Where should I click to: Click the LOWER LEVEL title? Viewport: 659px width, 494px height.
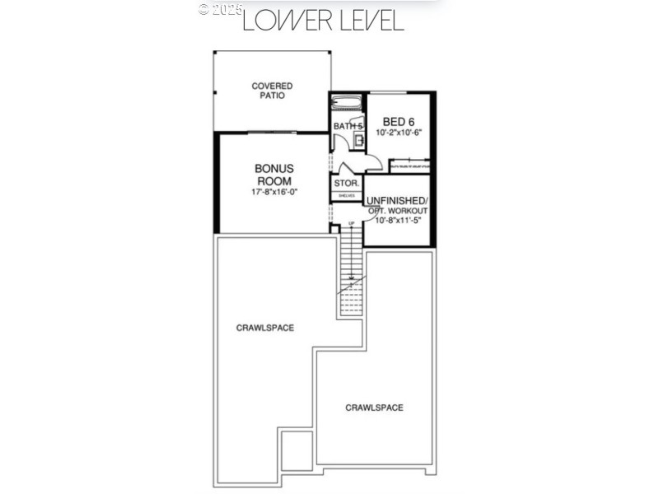pyautogui.click(x=323, y=20)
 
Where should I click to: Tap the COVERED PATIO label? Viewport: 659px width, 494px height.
pyautogui.click(x=272, y=91)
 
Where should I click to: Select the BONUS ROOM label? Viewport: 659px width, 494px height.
pyautogui.click(x=274, y=175)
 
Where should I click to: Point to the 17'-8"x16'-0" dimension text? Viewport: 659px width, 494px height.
pyautogui.click(x=274, y=192)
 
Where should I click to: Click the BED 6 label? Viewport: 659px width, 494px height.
pyautogui.click(x=398, y=121)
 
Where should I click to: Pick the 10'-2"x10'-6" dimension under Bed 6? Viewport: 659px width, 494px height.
pyautogui.click(x=398, y=133)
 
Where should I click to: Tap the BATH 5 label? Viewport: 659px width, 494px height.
pyautogui.click(x=348, y=126)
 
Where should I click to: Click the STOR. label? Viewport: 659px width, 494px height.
pyautogui.click(x=346, y=183)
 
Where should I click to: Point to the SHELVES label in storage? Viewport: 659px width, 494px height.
pyautogui.click(x=346, y=196)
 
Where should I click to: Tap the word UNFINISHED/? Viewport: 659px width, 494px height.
pyautogui.click(x=396, y=200)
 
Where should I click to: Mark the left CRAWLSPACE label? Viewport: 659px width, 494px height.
pyautogui.click(x=265, y=328)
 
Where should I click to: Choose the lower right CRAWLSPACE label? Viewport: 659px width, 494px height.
pyautogui.click(x=374, y=408)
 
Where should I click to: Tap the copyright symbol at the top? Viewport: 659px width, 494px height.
pyautogui.click(x=204, y=10)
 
